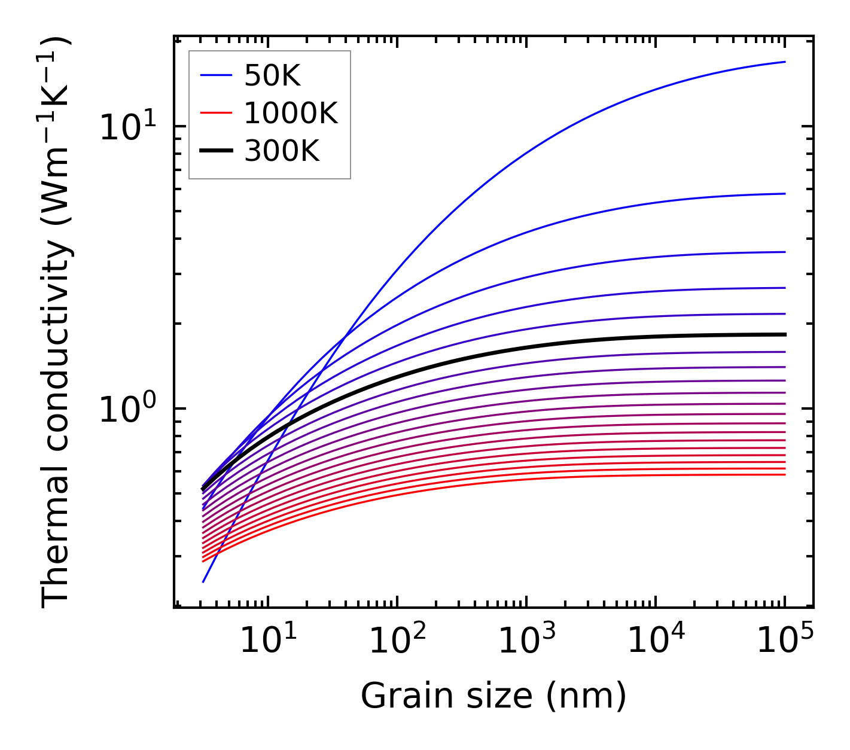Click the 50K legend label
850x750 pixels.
(x=272, y=76)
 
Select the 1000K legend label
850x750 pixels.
(x=291, y=113)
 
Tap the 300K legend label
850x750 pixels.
(x=282, y=151)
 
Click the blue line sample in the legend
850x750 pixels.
(x=215, y=75)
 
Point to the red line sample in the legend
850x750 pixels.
(x=215, y=113)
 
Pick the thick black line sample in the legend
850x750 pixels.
(x=215, y=151)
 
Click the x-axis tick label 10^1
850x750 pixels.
(x=267, y=641)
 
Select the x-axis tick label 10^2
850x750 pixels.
(x=397, y=641)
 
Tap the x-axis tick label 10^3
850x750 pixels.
(x=526, y=641)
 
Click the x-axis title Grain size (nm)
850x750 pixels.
(x=493, y=696)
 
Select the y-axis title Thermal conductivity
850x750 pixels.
(x=57, y=323)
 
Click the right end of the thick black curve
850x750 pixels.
(x=784, y=334)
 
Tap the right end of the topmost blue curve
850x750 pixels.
(x=784, y=62)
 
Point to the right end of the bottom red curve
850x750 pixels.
(x=784, y=475)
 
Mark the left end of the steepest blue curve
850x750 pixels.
(x=203, y=581)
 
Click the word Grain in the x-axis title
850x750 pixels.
(x=398, y=696)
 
